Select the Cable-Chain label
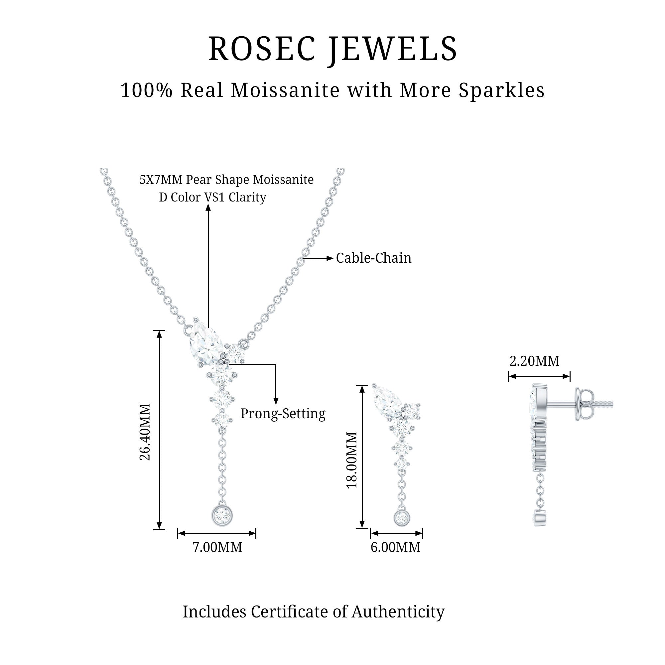tap(373, 258)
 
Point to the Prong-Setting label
tap(283, 414)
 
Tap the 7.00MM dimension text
tap(217, 547)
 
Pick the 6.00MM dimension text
tap(395, 547)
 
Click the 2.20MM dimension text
tap(534, 361)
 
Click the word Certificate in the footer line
tap(299, 612)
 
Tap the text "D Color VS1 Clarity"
tap(212, 198)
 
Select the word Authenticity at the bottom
tap(398, 612)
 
